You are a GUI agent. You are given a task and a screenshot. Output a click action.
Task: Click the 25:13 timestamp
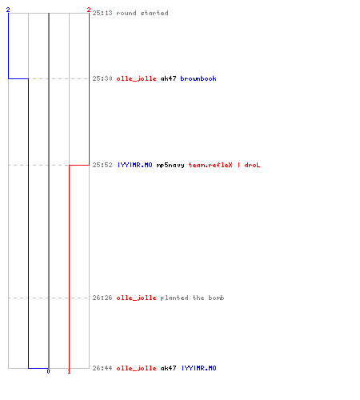[x=102, y=13]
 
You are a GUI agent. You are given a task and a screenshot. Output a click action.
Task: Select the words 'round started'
[x=142, y=13]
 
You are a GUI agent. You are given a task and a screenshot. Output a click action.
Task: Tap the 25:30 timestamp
[x=102, y=78]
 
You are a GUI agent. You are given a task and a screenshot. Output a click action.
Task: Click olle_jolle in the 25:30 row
[x=136, y=79]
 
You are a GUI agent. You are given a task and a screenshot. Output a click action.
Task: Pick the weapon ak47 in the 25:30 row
[x=168, y=78]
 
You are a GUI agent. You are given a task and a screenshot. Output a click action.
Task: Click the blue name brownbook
[x=198, y=78]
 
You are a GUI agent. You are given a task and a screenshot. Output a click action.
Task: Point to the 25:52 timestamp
[x=102, y=165]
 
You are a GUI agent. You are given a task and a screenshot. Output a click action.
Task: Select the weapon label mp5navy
[x=170, y=166]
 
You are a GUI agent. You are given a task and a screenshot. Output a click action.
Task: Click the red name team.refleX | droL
[x=224, y=165]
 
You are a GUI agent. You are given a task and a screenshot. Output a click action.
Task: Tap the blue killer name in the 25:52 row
[x=135, y=165]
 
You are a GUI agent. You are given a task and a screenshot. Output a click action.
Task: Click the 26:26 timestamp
[x=102, y=298]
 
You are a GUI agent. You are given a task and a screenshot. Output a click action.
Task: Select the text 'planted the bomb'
[x=192, y=298]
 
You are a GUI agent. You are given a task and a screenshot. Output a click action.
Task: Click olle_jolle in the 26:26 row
[x=136, y=298]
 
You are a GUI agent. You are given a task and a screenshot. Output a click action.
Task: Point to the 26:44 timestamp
[x=102, y=368]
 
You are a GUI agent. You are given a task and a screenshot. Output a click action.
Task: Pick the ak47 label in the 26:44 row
[x=168, y=368]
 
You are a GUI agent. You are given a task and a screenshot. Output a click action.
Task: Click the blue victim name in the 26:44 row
[x=199, y=368]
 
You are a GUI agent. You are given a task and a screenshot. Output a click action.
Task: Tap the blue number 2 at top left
[x=8, y=10]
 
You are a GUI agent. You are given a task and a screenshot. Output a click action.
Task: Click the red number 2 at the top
[x=89, y=10]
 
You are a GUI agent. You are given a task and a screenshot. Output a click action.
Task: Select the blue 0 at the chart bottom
[x=48, y=371]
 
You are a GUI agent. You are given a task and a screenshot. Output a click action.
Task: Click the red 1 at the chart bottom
[x=69, y=371]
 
